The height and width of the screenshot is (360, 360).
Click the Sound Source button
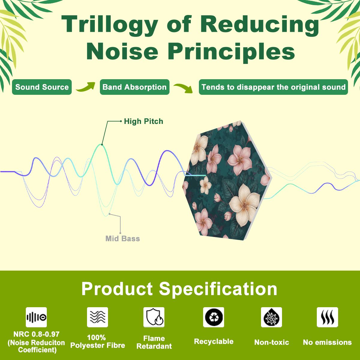(x=42, y=87)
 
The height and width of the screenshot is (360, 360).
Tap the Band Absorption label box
(x=134, y=87)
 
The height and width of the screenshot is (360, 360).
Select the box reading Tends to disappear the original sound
(x=273, y=87)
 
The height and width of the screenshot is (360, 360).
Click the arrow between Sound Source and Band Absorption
(x=85, y=87)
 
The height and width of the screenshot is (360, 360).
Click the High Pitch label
(x=143, y=121)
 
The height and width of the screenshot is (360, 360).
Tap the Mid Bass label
(x=123, y=238)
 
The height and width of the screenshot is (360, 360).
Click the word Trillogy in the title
(x=110, y=25)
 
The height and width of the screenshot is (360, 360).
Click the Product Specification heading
(x=179, y=289)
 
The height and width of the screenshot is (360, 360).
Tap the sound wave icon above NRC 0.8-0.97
(x=36, y=317)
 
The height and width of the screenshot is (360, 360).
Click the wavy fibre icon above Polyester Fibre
(x=97, y=317)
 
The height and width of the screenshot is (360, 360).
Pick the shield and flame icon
(x=154, y=317)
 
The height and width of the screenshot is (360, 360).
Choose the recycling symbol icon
(x=214, y=317)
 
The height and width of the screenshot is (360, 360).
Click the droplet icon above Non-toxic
(x=271, y=317)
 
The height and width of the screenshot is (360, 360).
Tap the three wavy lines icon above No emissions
(x=327, y=317)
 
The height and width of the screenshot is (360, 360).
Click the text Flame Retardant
(x=154, y=342)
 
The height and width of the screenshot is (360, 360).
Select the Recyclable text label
(x=214, y=341)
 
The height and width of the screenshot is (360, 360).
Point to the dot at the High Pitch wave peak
(x=102, y=144)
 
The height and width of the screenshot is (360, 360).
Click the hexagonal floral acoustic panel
(x=227, y=180)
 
